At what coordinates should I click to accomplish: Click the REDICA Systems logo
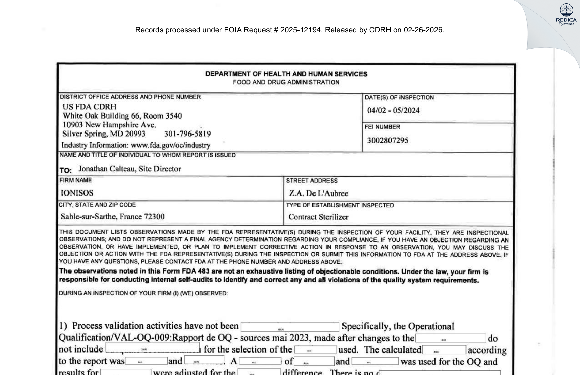(566, 14)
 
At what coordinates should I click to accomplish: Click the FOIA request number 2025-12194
(300, 30)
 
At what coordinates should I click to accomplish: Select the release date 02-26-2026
(423, 30)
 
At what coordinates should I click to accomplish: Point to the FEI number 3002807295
(387, 140)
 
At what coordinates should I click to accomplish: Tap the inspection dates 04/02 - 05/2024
(393, 110)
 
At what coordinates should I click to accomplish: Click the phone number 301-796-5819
(187, 134)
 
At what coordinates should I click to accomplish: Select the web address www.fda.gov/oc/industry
(170, 145)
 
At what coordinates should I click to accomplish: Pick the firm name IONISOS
(77, 193)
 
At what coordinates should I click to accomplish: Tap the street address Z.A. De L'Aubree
(318, 193)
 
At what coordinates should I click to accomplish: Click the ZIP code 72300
(154, 217)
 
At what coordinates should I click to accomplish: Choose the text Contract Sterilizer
(318, 217)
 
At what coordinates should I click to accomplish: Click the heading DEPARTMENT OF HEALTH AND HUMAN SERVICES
(286, 74)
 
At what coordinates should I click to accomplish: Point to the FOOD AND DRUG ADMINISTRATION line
(286, 82)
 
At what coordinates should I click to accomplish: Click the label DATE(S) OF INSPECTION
(399, 98)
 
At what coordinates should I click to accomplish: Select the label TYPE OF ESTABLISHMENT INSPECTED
(339, 205)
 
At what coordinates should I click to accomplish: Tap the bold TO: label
(65, 170)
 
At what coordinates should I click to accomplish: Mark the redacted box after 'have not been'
(290, 327)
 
